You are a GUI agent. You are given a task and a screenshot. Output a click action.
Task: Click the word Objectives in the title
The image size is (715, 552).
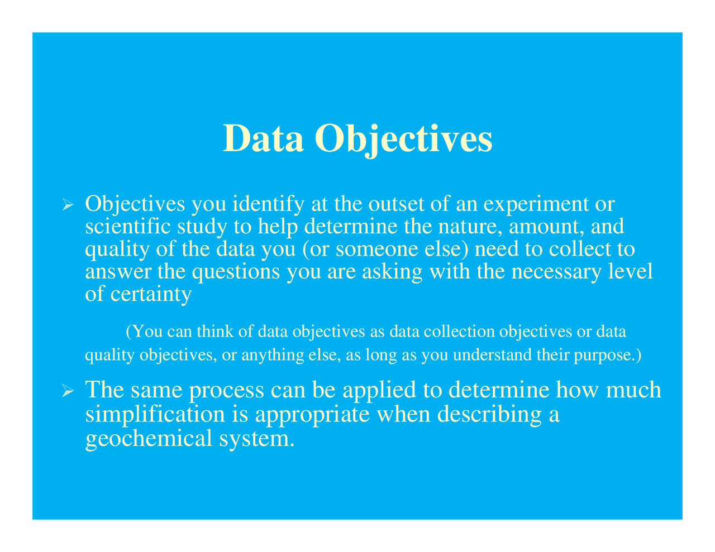pyautogui.click(x=403, y=139)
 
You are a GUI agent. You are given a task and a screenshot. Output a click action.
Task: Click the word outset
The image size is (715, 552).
pyautogui.click(x=396, y=204)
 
